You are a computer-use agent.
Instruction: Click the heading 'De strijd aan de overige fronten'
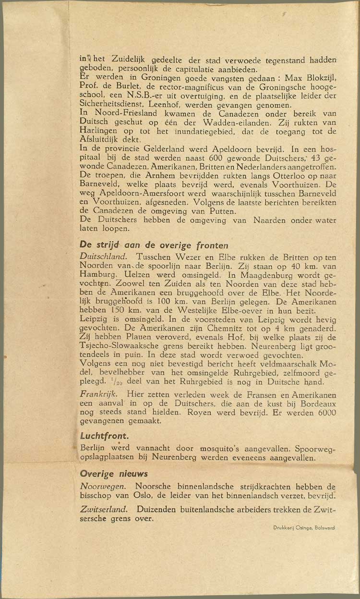[x=154, y=244]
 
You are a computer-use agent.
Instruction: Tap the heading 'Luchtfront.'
[x=104, y=437]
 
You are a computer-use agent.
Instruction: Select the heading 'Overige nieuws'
[x=114, y=474]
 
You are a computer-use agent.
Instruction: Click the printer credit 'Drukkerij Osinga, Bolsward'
[x=304, y=527]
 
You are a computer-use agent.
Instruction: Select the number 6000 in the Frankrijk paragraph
[x=326, y=412]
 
